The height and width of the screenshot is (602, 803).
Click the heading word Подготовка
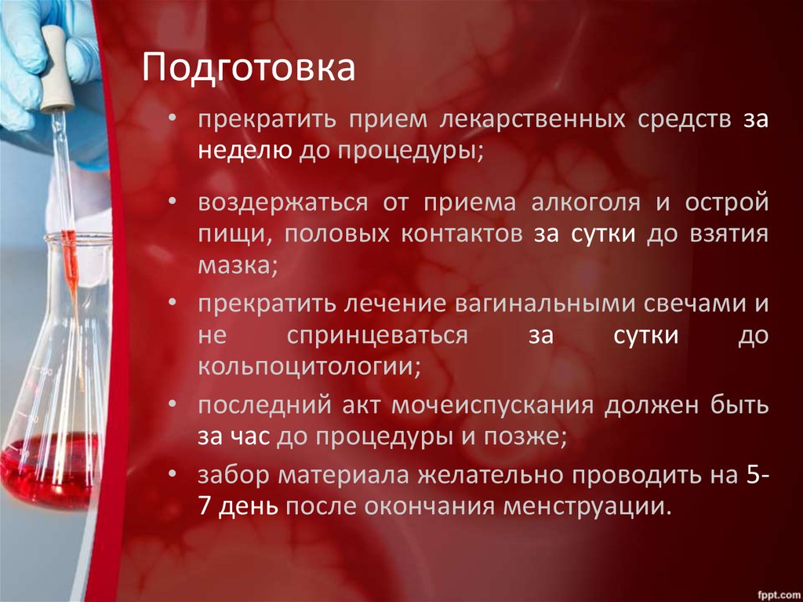pos(248,68)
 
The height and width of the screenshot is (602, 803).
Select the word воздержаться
pos(282,202)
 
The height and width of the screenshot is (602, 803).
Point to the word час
pos(250,436)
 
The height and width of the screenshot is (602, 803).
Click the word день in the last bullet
pos(248,506)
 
